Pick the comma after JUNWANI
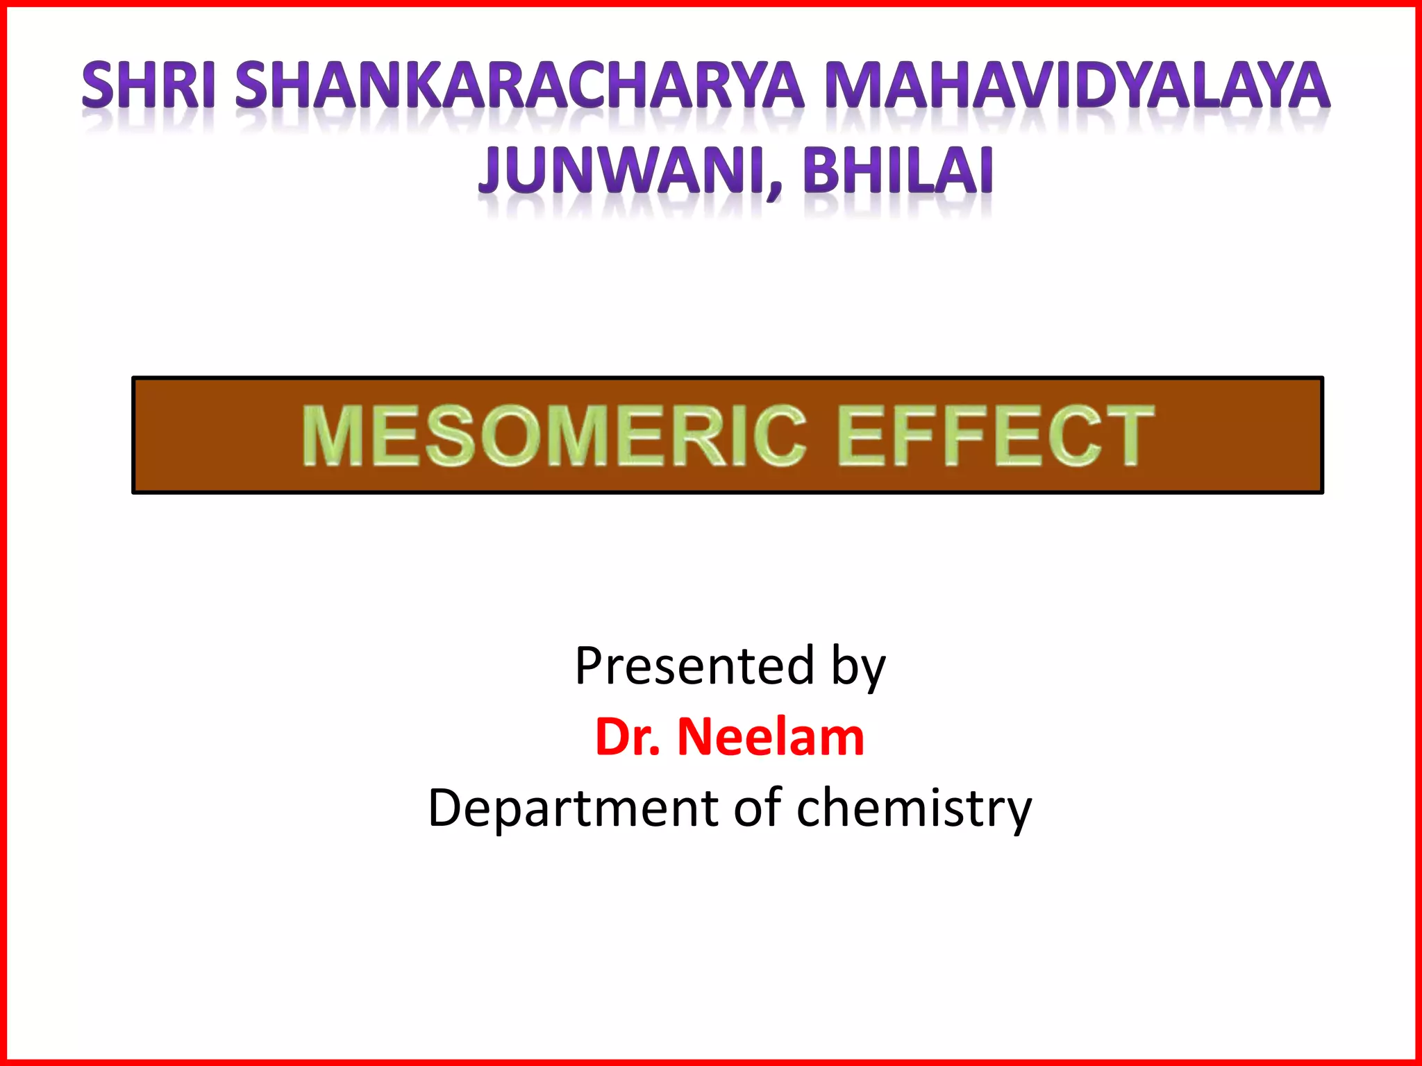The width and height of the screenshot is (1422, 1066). tap(776, 187)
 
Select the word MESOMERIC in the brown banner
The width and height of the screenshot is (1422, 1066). tap(554, 436)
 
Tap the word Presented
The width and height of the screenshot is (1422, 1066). tap(694, 666)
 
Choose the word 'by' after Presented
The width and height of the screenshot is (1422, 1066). tap(858, 668)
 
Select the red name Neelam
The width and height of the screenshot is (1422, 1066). tap(771, 737)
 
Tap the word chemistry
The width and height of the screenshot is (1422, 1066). tap(914, 809)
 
